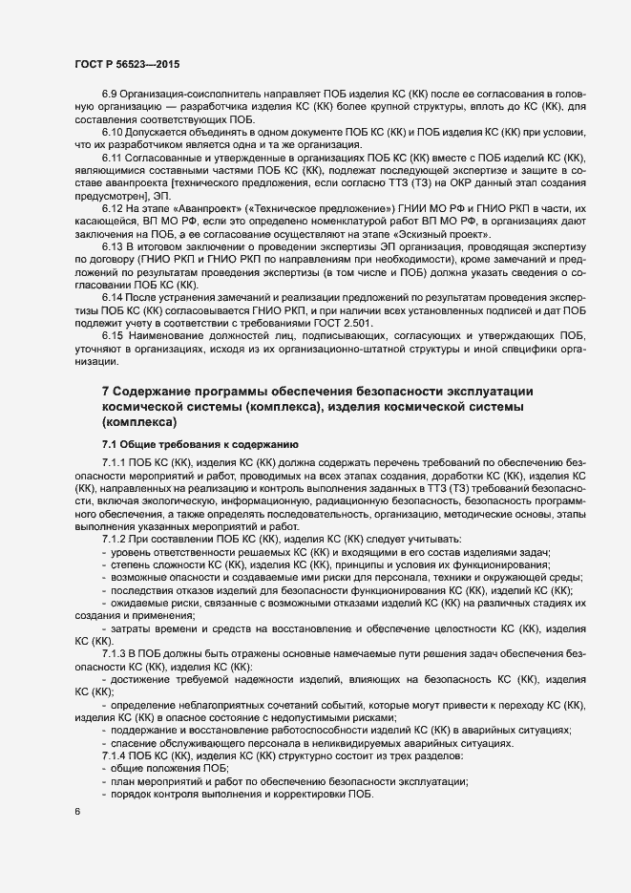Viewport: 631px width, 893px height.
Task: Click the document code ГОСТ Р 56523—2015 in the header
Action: (127, 63)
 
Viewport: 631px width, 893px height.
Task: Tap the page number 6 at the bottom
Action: (76, 812)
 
